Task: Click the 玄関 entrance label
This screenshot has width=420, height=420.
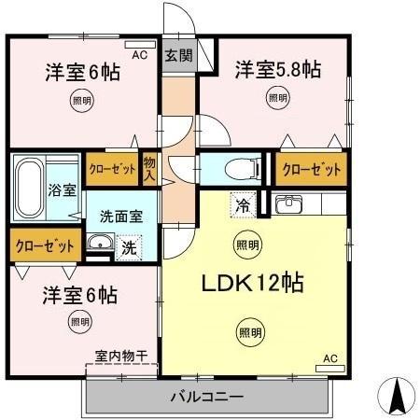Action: pyautogui.click(x=180, y=56)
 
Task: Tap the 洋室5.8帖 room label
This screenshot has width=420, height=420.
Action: pyautogui.click(x=278, y=69)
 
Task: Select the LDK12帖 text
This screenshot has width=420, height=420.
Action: pyautogui.click(x=252, y=283)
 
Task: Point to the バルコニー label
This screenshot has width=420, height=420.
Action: pyautogui.click(x=206, y=398)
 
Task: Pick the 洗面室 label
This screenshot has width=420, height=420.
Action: pyautogui.click(x=121, y=215)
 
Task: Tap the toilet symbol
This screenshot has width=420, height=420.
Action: pyautogui.click(x=233, y=169)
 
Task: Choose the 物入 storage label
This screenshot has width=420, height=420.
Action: pyautogui.click(x=150, y=169)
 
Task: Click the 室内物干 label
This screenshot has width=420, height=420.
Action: pyautogui.click(x=122, y=356)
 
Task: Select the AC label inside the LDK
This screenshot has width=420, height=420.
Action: pyautogui.click(x=329, y=357)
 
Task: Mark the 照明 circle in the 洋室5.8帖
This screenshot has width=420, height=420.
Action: pyautogui.click(x=277, y=97)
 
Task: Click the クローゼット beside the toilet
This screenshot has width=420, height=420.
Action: pyautogui.click(x=312, y=170)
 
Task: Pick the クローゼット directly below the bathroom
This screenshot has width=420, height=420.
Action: pyautogui.click(x=44, y=246)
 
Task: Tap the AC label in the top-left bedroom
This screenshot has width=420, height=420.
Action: pyautogui.click(x=139, y=55)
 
